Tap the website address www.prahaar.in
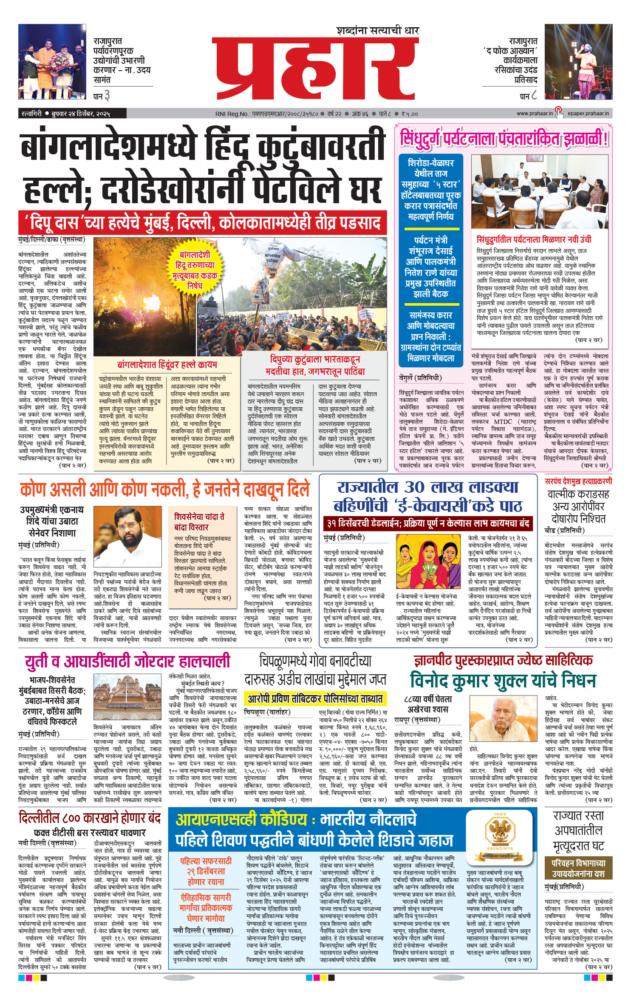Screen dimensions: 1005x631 [x=535, y=114]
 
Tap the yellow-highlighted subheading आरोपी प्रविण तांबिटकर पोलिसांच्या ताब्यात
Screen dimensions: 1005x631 [x=315, y=699]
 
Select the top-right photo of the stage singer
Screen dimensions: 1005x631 [x=578, y=62]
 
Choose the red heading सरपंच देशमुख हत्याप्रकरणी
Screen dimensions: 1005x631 [x=578, y=481]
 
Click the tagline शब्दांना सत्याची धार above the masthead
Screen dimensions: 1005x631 [x=377, y=31]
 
